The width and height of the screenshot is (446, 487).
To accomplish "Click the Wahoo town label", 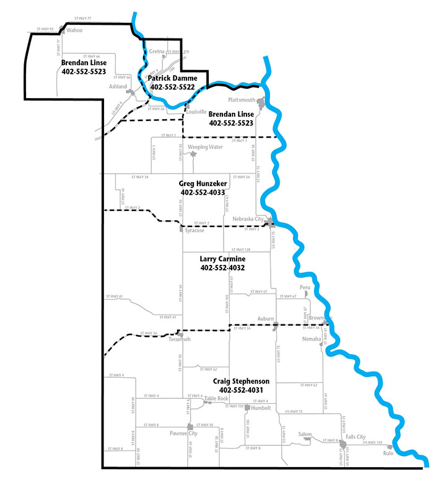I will click(74, 29).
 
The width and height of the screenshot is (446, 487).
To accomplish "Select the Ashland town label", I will click(118, 87).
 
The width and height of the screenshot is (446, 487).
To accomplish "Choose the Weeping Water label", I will click(205, 147).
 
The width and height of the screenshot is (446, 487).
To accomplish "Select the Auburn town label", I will click(266, 319).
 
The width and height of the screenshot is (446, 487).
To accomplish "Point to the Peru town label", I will click(304, 287).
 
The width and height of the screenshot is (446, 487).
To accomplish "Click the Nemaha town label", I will click(311, 339).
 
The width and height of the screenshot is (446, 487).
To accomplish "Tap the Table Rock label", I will click(217, 398).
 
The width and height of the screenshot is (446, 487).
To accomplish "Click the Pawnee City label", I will click(184, 434).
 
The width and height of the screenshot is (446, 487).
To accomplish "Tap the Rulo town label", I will click(388, 452).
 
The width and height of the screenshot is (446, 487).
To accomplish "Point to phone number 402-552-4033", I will click(203, 192).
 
